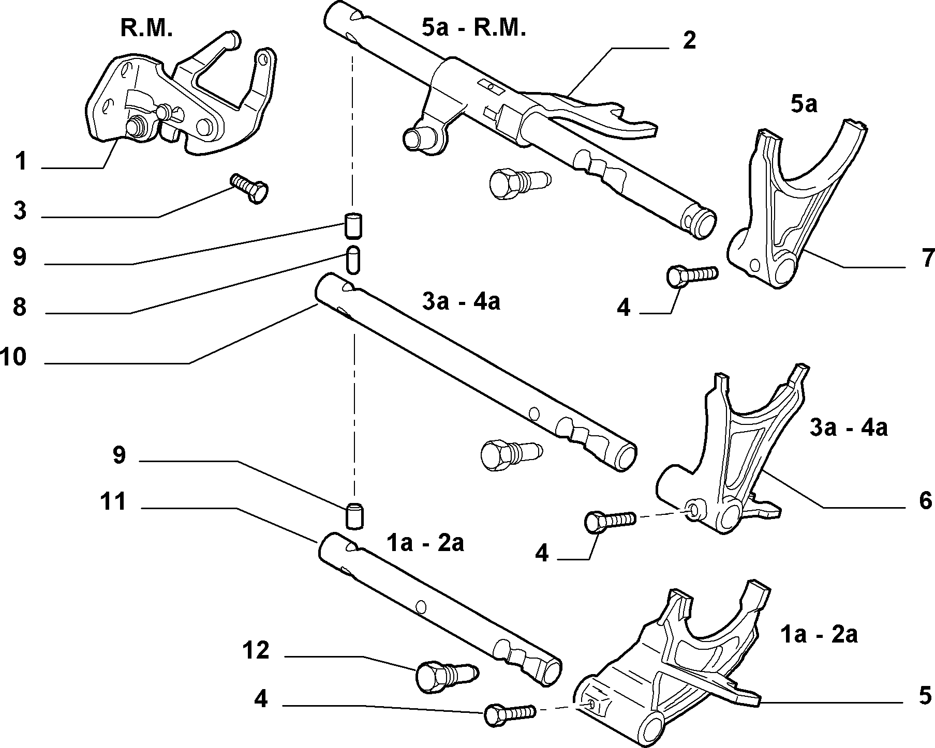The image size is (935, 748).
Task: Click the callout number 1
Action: tap(21, 161)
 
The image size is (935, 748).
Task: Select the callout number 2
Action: tap(689, 41)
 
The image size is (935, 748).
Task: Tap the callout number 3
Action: tap(20, 211)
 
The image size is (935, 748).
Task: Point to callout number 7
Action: tap(927, 258)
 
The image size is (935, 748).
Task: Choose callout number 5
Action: tap(926, 696)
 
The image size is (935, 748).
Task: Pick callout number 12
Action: tap(256, 650)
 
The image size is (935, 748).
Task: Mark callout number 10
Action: tap(13, 357)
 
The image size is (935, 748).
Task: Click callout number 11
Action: tap(113, 501)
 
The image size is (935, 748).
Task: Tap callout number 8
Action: tap(20, 307)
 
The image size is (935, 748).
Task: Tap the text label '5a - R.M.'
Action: tap(474, 27)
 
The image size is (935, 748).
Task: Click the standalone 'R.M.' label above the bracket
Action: tap(146, 28)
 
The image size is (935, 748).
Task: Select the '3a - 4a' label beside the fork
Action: tap(849, 428)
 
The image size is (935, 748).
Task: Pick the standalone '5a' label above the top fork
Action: tap(804, 104)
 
